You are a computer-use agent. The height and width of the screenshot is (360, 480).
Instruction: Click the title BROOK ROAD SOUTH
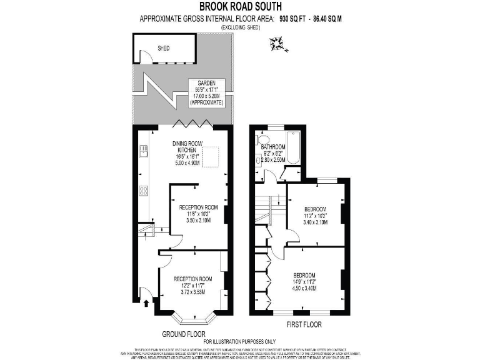[x=241, y=7]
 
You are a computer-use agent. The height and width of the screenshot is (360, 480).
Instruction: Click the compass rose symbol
[x=275, y=43]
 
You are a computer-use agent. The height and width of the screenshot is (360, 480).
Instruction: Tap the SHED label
[x=164, y=47]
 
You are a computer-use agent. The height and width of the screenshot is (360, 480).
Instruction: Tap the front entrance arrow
[x=146, y=304]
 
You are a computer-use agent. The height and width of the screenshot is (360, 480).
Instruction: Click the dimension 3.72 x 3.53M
[x=193, y=292]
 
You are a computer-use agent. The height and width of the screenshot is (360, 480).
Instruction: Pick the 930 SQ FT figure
[x=295, y=19]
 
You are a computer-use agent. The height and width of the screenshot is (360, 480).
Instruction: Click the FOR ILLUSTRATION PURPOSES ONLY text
[x=240, y=341]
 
